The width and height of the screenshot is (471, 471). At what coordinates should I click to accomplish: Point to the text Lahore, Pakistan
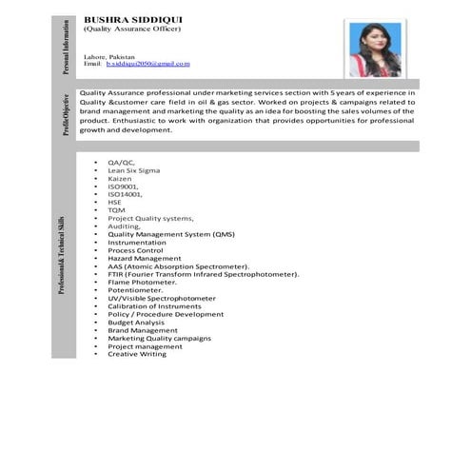click(109, 57)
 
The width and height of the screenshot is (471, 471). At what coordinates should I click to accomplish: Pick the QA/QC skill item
click(121, 163)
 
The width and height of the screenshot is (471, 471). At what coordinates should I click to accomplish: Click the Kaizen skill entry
click(121, 179)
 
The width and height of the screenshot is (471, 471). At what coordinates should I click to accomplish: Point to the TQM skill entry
click(116, 210)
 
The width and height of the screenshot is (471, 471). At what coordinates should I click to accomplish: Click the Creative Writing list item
click(137, 354)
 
